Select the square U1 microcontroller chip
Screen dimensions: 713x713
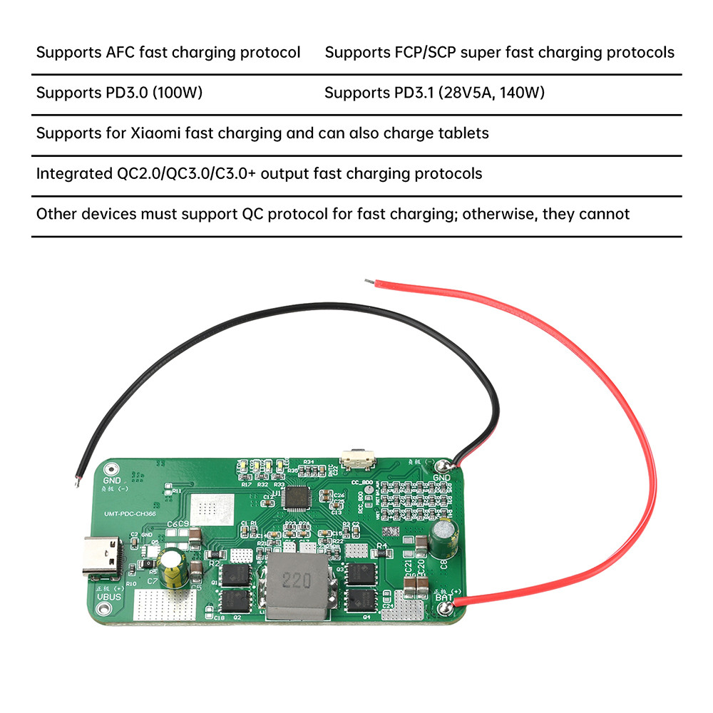pos(296,496)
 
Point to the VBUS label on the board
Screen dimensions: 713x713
pos(110,596)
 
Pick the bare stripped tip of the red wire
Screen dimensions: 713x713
pos(369,282)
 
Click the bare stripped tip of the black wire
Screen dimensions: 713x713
pos(76,482)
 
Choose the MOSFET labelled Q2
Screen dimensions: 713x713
pos(237,600)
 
